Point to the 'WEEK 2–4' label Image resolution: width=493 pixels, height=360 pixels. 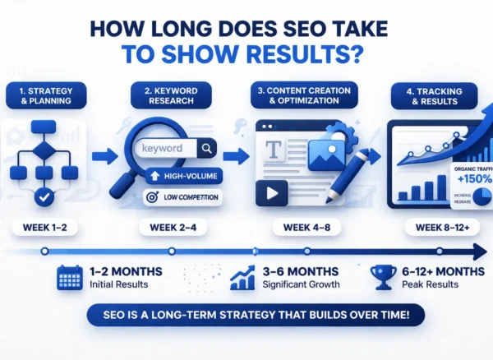click(167, 225)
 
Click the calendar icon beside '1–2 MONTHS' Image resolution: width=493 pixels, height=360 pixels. click(70, 277)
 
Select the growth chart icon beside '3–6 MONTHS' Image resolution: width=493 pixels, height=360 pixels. click(242, 277)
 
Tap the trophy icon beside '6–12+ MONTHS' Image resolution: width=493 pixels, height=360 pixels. click(383, 276)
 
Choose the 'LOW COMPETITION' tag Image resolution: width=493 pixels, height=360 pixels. click(186, 197)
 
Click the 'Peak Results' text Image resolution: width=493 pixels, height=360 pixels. click(428, 284)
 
